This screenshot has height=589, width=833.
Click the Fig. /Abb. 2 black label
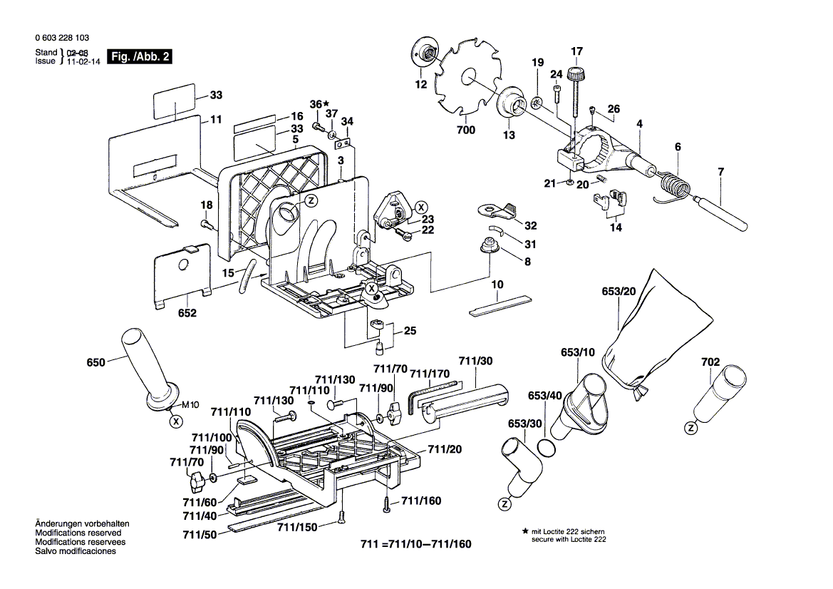[x=138, y=56]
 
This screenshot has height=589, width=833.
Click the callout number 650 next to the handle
[x=95, y=362]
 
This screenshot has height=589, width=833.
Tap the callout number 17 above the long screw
[x=576, y=51]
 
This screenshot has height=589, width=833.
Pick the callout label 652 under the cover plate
[x=187, y=312]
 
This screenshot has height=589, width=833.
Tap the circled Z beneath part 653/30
[x=505, y=504]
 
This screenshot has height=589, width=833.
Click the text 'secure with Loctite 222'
[x=568, y=541]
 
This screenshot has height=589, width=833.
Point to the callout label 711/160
[x=421, y=501]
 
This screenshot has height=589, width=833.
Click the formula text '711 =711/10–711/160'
[x=416, y=544]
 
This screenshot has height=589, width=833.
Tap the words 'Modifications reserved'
[x=78, y=533]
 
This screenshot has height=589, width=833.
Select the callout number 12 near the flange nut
[x=421, y=84]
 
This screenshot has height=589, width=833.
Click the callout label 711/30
[x=475, y=362]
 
